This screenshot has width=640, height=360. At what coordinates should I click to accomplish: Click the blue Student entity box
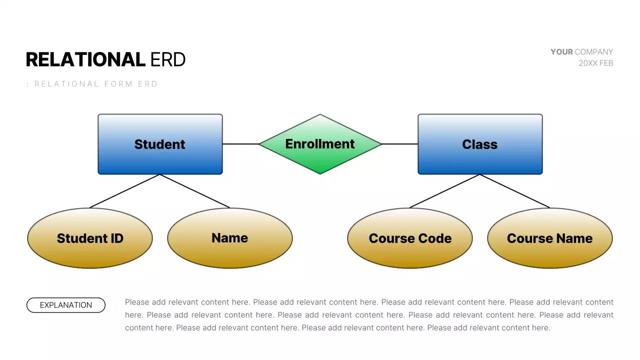click(x=160, y=144)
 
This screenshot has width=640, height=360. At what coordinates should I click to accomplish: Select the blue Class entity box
click(x=480, y=144)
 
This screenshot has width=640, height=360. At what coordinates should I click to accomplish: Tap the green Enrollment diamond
click(x=320, y=144)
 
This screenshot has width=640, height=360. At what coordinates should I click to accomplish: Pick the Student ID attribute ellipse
click(x=90, y=238)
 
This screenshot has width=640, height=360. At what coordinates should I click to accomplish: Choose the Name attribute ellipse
click(x=230, y=238)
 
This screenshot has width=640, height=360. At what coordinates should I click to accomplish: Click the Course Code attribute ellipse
click(x=410, y=238)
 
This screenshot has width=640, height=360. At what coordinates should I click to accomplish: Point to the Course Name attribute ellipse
click(x=549, y=238)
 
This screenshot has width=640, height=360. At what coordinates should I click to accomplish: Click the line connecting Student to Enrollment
click(x=240, y=144)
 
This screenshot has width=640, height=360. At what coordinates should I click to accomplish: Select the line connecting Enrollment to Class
click(x=400, y=144)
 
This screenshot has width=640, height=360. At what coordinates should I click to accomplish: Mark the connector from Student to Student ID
click(x=125, y=191)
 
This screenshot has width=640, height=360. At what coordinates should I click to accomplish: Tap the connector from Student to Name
click(x=195, y=191)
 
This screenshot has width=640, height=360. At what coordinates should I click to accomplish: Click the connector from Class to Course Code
click(x=445, y=191)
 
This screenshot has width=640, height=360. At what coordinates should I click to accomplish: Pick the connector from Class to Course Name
click(x=515, y=191)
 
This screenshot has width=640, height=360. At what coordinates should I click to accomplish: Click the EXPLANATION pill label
click(x=66, y=305)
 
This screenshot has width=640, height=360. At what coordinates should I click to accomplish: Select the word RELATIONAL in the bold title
click(x=85, y=60)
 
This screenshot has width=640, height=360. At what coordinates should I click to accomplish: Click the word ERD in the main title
click(x=168, y=60)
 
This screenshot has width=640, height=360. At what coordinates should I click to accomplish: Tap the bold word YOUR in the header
click(x=561, y=52)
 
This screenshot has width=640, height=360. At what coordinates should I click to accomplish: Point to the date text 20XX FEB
click(x=595, y=63)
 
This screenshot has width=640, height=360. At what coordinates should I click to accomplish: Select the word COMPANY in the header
click(x=594, y=52)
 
